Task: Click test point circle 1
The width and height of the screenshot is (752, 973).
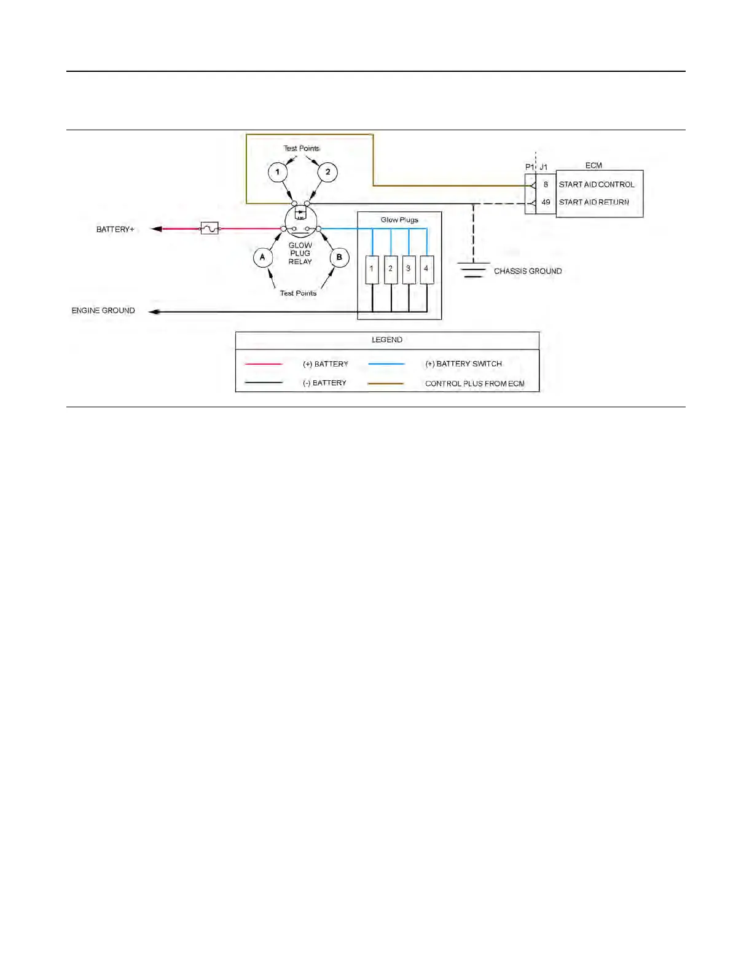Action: coord(278,172)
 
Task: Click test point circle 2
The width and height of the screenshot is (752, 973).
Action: coord(327,172)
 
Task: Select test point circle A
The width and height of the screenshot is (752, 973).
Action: coord(263,257)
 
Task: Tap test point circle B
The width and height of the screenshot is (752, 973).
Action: coord(339,257)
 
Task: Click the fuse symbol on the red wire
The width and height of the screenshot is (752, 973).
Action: coord(210,229)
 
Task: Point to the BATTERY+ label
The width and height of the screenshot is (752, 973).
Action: coord(115,229)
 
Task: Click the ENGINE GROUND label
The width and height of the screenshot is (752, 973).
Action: coord(103,311)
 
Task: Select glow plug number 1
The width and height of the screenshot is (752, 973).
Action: coord(372,270)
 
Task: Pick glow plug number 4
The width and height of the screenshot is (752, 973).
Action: coord(426,270)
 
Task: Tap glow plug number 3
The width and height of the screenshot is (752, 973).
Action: coord(409,270)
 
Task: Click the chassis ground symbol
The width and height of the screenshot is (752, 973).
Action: coord(473,270)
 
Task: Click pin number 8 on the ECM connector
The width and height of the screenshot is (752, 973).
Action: coord(546,184)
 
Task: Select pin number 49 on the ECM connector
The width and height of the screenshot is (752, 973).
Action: coord(546,202)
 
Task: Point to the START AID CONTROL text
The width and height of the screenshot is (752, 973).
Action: coord(596,184)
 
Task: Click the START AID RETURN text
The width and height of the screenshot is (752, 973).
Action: coord(593,202)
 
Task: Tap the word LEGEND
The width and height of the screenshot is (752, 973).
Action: coord(387,340)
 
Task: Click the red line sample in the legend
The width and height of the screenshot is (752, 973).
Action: coord(264,364)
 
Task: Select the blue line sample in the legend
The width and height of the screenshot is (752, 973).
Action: coord(386,364)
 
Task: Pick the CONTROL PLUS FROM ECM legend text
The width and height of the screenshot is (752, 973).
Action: coord(474,383)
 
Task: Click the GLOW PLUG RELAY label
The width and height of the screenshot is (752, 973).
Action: coord(300,253)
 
